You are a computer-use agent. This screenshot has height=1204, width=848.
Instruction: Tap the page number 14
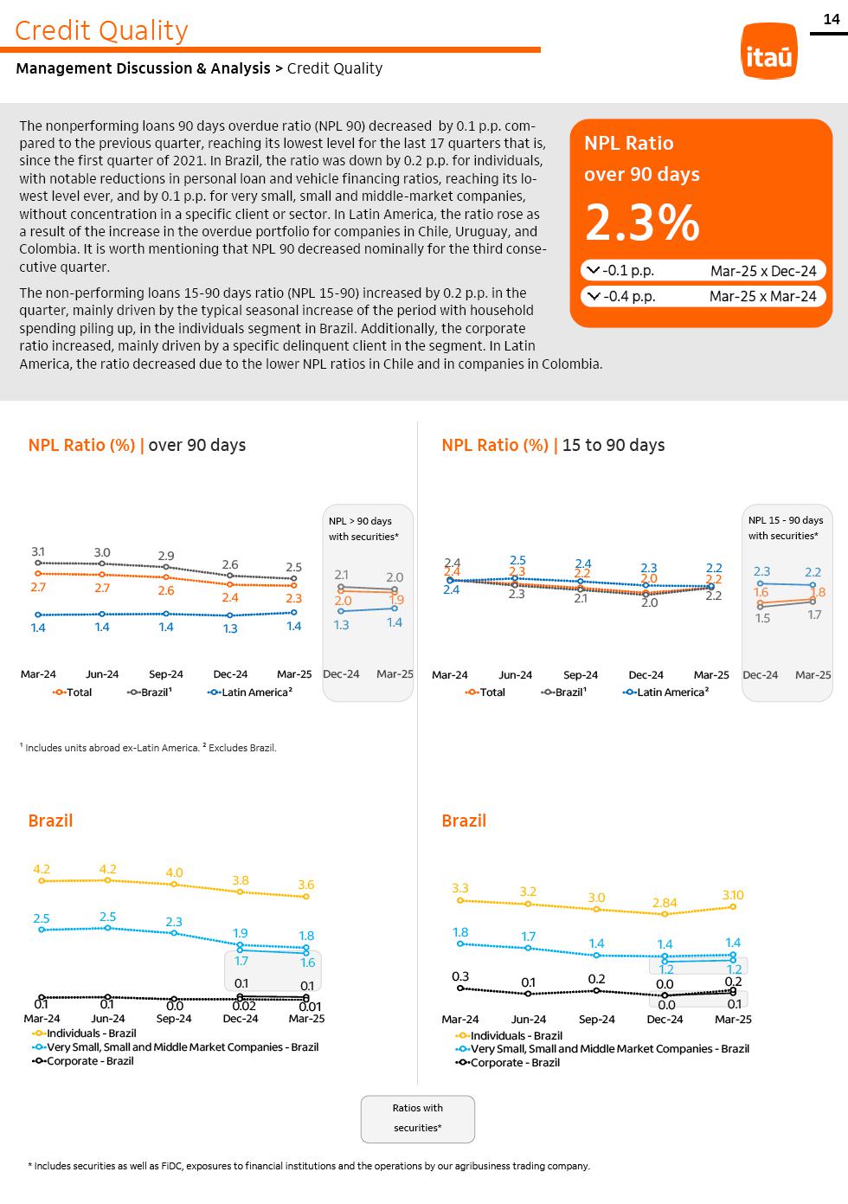[x=832, y=19]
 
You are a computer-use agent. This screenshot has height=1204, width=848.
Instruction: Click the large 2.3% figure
[x=642, y=223]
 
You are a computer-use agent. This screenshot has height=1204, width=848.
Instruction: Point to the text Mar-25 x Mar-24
[x=762, y=296]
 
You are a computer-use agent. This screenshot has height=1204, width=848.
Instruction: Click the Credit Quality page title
[x=101, y=30]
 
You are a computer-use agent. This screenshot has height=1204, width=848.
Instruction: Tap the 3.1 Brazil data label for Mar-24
[x=38, y=551]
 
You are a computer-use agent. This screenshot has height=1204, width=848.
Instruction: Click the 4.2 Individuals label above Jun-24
[x=108, y=869]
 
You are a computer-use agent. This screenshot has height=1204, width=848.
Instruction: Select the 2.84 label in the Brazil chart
[x=665, y=903]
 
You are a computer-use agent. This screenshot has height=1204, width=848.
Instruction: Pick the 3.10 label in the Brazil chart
[x=733, y=895]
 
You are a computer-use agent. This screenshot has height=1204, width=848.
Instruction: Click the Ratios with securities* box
[x=418, y=1118]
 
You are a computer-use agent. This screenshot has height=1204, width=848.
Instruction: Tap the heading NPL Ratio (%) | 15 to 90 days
[x=553, y=445]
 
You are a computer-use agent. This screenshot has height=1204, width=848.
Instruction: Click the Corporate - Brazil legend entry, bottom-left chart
[x=83, y=1061]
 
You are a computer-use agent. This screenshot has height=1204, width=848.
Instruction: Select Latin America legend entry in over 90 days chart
[x=251, y=692]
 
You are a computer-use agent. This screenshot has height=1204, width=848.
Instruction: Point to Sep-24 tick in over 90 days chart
[x=166, y=674]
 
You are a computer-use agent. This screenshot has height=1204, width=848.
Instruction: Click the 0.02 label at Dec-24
[x=243, y=1006]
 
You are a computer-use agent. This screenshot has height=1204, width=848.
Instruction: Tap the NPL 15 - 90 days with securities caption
[x=786, y=528]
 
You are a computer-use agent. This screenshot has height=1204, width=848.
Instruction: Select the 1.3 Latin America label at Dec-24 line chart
[x=230, y=628]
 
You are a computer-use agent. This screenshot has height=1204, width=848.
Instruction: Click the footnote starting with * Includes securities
[x=310, y=1166]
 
